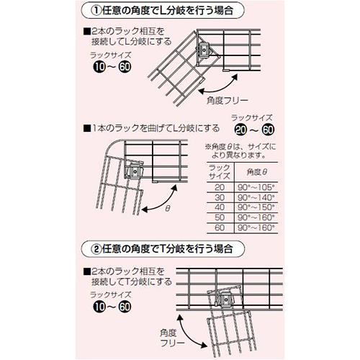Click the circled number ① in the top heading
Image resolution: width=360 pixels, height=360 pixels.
click(x=97, y=11)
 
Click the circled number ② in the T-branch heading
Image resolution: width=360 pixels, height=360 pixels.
click(x=96, y=249)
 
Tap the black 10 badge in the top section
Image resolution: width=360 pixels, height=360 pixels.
click(x=99, y=67)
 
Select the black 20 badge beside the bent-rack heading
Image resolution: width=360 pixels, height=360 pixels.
click(x=240, y=130)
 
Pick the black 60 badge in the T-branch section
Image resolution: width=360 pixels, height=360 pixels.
click(x=125, y=307)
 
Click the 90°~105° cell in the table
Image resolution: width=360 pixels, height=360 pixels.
click(x=256, y=187)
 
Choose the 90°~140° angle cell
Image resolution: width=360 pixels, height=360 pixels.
click(x=256, y=197)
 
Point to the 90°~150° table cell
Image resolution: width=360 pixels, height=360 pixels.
click(x=256, y=207)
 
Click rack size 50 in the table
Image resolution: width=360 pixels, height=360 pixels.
click(x=220, y=217)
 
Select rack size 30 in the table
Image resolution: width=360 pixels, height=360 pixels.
click(x=220, y=197)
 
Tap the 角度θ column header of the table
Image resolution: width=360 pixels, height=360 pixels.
click(x=257, y=172)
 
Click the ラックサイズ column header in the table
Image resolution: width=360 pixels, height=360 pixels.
click(x=220, y=172)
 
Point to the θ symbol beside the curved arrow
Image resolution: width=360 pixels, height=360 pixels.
click(x=168, y=208)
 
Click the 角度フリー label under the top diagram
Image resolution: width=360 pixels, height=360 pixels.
click(x=227, y=100)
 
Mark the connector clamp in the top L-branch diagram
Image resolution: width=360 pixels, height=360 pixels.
click(x=204, y=50)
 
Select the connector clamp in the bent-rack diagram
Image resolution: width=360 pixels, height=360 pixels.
click(x=135, y=171)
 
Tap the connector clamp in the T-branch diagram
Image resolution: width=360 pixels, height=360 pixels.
click(x=226, y=300)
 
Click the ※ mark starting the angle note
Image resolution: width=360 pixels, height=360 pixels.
click(x=207, y=147)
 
